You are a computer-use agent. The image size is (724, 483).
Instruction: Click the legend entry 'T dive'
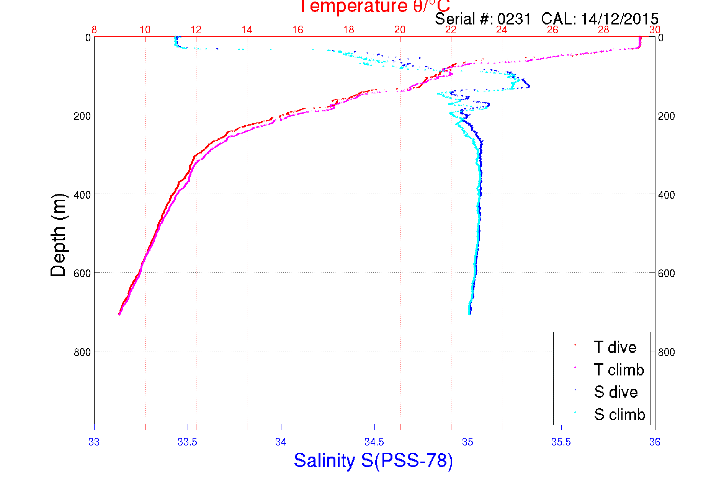pos(615,347)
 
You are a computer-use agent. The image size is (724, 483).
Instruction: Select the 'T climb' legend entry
pos(619,370)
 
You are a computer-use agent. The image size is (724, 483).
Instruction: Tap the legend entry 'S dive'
pos(616,392)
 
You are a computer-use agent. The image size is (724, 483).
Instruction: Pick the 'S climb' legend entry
pos(619,414)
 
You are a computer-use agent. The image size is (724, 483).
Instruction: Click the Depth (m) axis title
pos(59,235)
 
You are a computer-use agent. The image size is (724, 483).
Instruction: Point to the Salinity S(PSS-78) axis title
pos(373,460)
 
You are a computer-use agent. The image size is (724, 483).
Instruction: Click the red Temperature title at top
pos(374,7)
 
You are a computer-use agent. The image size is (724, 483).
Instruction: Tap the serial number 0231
pos(514,19)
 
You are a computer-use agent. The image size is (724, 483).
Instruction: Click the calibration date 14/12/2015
pos(619,19)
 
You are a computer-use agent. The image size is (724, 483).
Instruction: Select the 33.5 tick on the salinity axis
pos(187,442)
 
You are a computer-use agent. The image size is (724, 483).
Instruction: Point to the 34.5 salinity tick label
pos(374,442)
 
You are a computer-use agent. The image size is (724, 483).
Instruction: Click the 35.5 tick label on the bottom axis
pos(561,442)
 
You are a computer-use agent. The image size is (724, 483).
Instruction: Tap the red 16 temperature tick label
pos(298,30)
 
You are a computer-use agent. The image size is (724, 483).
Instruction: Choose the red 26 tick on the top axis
pos(552,30)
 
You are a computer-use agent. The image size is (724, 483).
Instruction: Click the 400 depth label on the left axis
pos(82,195)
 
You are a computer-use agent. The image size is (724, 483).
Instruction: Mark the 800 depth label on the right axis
pos(667,352)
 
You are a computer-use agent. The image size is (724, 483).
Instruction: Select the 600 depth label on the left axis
pos(82,273)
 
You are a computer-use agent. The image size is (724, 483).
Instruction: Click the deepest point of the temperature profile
pos(119,314)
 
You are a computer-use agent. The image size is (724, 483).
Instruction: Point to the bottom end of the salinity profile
pos(469,314)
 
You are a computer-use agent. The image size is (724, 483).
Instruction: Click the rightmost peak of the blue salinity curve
pos(529,86)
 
